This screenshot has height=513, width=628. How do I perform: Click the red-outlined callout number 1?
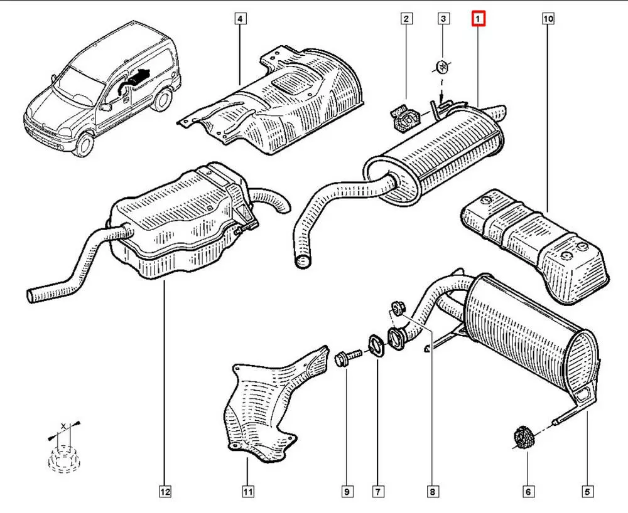tap(479, 20)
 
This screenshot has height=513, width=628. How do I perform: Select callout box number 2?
tap(407, 20)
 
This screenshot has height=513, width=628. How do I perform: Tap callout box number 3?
tap(443, 20)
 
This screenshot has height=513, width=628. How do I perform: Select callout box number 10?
tap(548, 20)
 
